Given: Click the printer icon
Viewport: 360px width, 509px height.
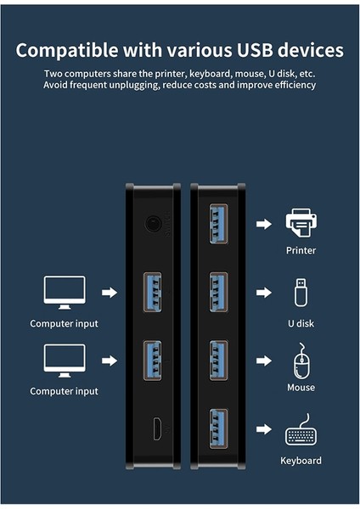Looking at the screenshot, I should [x=301, y=224].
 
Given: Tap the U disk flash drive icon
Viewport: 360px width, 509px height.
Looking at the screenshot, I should [x=301, y=292].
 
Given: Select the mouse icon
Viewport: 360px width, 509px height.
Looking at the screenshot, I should [x=301, y=361].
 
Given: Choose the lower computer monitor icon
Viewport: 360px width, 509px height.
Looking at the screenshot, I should [x=64, y=361].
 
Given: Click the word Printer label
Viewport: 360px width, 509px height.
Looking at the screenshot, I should [x=301, y=251].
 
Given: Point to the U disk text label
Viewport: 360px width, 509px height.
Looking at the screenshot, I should [x=301, y=322].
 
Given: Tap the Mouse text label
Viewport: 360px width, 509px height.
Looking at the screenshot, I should [x=301, y=388].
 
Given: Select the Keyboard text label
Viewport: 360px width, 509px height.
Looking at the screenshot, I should [x=301, y=461].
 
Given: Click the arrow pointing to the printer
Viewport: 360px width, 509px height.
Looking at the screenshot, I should [x=264, y=224].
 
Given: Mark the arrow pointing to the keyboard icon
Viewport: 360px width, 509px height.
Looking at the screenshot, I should [x=264, y=433].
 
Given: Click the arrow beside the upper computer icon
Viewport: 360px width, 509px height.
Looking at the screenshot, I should [x=109, y=293].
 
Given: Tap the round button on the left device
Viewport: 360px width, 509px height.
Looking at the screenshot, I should [x=154, y=225].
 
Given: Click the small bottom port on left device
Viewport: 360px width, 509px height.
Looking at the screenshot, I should [x=157, y=429].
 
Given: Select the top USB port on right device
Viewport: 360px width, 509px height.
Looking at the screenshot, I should [x=218, y=225].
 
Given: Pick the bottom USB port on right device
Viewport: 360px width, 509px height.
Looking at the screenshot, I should [x=218, y=430].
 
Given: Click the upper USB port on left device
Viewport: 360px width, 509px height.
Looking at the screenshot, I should [x=154, y=293].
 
